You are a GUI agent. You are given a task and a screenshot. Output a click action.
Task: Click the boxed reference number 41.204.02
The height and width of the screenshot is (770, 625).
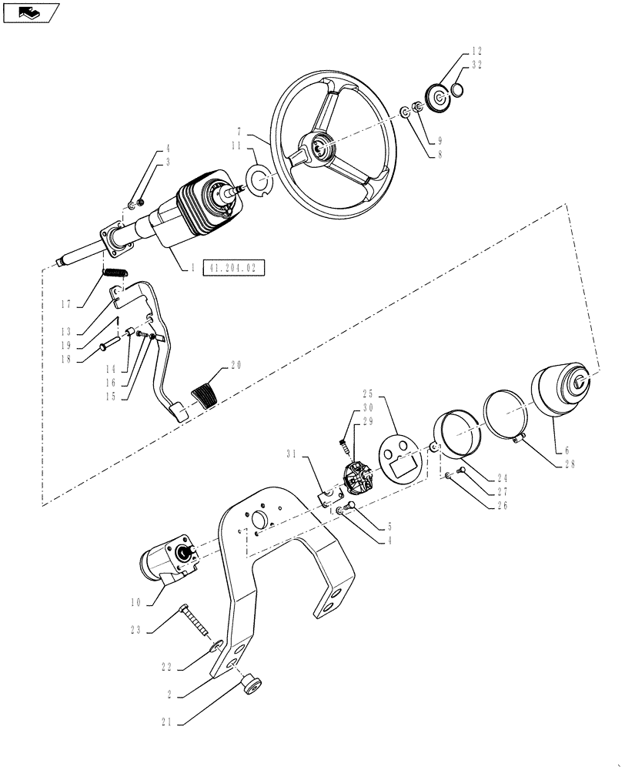click(x=233, y=268)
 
